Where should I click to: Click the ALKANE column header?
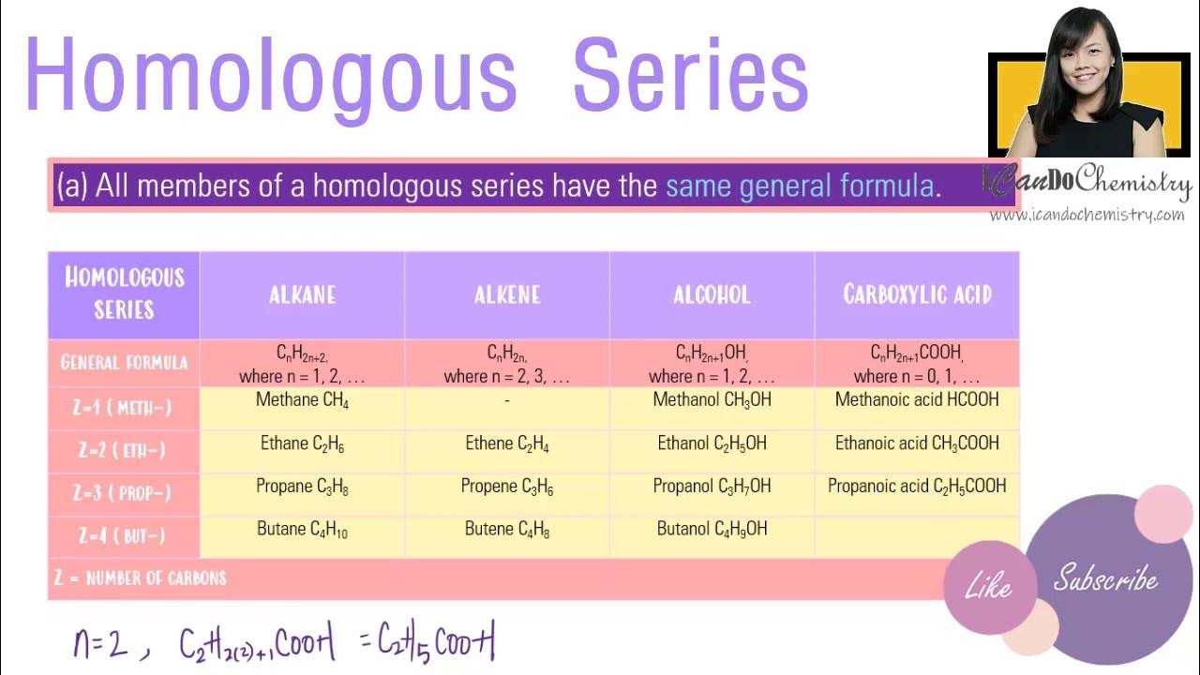pos(302,295)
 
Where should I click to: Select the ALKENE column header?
pos(507,295)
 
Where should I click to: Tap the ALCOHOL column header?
pos(712,295)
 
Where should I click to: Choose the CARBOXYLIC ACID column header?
pos(917,295)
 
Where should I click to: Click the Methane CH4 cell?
pos(302,400)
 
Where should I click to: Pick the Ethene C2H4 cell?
pos(507,443)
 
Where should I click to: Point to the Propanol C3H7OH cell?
pos(712,487)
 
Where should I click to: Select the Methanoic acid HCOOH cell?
pos(917,400)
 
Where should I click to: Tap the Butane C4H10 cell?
pos(302,530)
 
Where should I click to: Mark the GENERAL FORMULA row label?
pos(124,363)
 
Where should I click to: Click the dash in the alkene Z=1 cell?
pos(507,401)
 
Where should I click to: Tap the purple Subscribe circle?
pos(1105,578)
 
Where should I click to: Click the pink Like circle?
pos(988,587)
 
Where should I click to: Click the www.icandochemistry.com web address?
pos(1087,216)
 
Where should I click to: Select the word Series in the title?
pos(690,75)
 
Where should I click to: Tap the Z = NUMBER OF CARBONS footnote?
pos(140,577)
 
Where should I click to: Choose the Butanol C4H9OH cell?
pos(712,530)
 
